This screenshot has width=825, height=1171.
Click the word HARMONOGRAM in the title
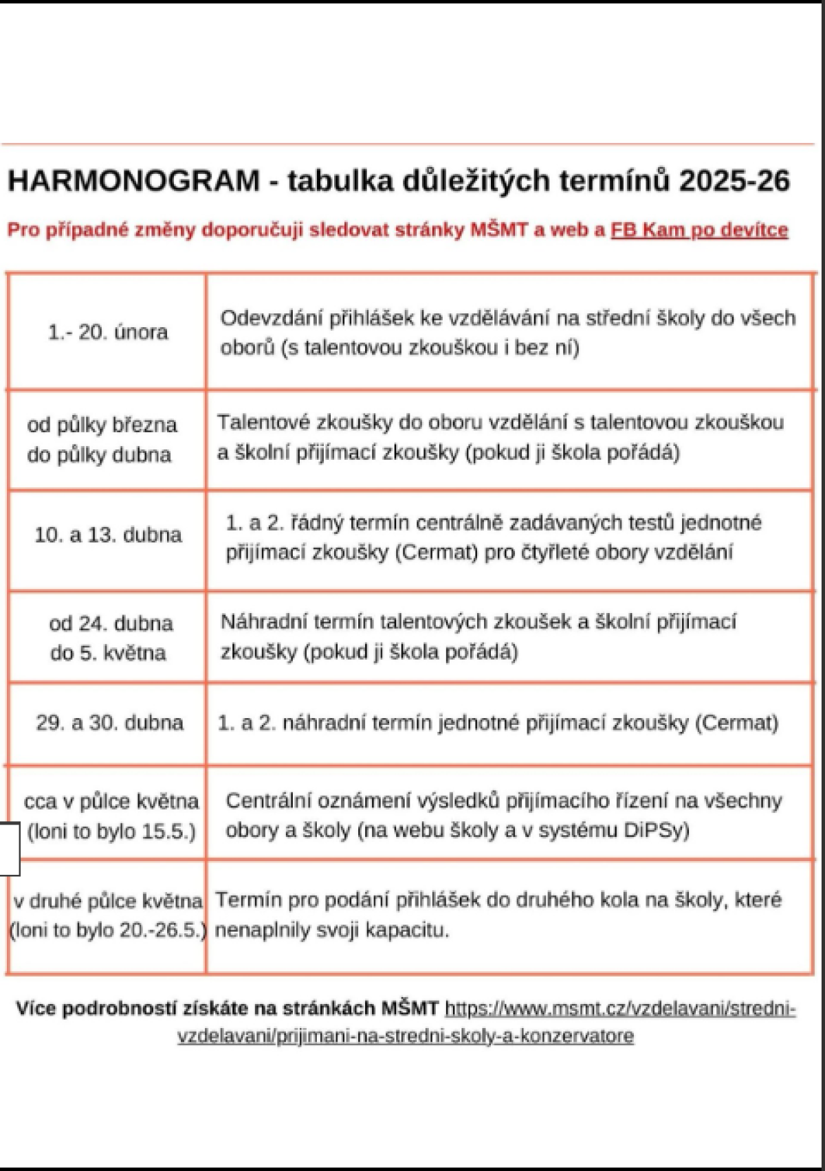point(133,181)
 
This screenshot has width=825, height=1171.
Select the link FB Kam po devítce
point(699,230)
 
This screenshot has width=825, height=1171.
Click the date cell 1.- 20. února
point(108,333)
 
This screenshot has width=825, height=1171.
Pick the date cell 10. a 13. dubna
point(108,535)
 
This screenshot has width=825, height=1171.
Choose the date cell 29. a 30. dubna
point(109,723)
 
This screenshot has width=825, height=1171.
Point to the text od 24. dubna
point(111,624)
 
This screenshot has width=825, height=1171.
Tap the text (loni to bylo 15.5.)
point(111,832)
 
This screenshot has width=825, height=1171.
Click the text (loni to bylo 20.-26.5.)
point(108,930)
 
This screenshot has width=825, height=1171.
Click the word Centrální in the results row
point(270,801)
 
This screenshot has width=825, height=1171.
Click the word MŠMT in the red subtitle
point(499,230)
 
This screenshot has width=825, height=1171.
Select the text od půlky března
point(102,425)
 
